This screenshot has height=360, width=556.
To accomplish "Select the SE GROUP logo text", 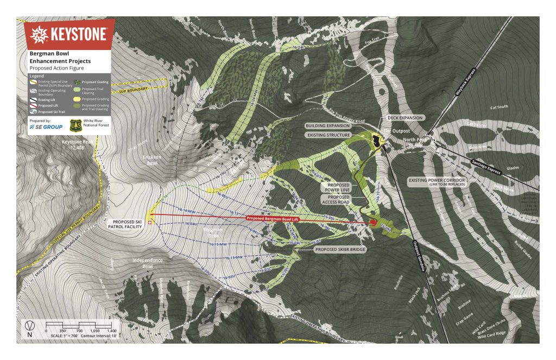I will click(x=46, y=127).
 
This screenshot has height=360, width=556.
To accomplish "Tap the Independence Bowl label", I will click(x=147, y=263).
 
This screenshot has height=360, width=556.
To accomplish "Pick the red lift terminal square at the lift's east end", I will click(x=374, y=222).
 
